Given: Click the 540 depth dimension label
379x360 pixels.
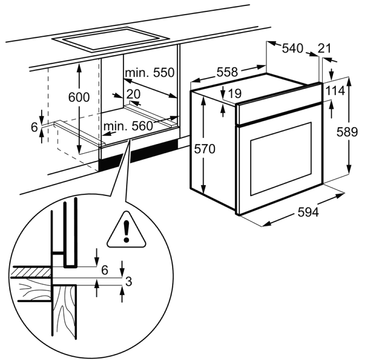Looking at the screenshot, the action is tap(293, 48).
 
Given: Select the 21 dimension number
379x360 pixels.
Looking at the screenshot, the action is tap(324, 48).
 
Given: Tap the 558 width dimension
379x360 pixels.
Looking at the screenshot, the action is tap(227, 72).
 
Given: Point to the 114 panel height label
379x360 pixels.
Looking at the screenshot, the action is tap(335, 91).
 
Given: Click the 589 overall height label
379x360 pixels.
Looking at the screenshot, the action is tap(347, 132).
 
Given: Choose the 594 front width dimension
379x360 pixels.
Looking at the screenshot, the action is tap(308, 212).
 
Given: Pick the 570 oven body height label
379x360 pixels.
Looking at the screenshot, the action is tap(205, 149).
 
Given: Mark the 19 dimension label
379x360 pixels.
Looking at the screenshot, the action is tap(235, 94).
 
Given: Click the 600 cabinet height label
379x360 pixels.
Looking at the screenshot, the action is tap(79, 97).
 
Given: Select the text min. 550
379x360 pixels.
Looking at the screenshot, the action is tap(150, 72).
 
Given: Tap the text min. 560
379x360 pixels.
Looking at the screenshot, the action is tap(128, 126).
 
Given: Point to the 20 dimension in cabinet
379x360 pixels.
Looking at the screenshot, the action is tap(133, 94).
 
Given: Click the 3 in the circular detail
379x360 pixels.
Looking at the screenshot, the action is tap(129, 282).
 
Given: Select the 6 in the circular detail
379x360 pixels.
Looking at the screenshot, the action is tap(104, 270).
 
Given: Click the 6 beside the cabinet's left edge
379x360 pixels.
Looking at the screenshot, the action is tap(34, 127).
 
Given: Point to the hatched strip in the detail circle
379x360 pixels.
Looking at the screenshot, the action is tap(32, 272).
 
